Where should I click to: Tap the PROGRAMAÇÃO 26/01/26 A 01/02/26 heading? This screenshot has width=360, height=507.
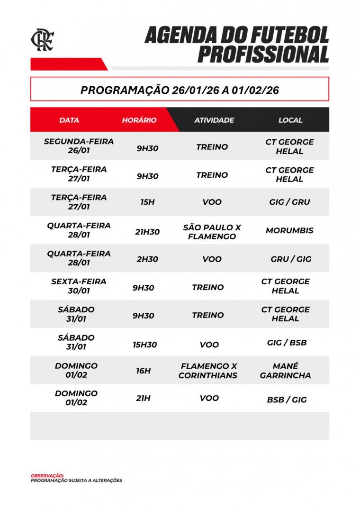[180, 90]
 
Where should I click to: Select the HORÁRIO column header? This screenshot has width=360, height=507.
[139, 120]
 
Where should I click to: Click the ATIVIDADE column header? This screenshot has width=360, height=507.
[214, 120]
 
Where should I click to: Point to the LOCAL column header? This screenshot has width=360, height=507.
[290, 120]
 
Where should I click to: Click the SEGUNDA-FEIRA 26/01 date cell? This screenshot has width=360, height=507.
[79, 146]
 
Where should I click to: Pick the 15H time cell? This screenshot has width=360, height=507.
[147, 202]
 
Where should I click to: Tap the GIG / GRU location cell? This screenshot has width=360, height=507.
[289, 202]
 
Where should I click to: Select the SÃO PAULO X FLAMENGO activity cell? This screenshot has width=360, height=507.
[212, 232]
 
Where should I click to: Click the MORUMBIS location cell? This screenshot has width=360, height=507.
[289, 231]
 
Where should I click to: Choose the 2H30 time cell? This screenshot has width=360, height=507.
[147, 259]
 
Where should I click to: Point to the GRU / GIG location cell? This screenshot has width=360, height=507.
[291, 259]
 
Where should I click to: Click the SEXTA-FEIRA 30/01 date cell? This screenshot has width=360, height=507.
[79, 286]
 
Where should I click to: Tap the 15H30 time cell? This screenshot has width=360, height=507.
[144, 344]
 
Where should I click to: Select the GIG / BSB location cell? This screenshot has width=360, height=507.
[287, 343]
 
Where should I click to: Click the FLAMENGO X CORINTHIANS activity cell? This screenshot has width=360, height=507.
[208, 371]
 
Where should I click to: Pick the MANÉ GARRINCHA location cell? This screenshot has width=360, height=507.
[285, 371]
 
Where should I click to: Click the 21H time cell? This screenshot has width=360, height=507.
[143, 398]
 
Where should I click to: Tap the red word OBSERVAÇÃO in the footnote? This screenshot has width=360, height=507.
[47, 475]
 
